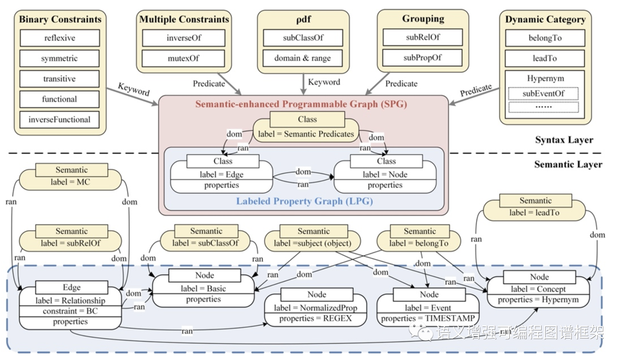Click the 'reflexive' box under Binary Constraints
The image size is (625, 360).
[60, 38]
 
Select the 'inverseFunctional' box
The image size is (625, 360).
[60, 120]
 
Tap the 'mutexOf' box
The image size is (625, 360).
[183, 58]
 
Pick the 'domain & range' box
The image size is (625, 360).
[303, 58]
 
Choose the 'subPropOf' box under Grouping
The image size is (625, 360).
[422, 58]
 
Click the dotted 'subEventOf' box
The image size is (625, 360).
[543, 94]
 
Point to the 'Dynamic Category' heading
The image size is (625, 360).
[545, 19]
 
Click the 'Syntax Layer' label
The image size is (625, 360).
[564, 140]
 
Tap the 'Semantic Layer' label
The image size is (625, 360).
[568, 164]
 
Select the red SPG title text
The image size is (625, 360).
[301, 104]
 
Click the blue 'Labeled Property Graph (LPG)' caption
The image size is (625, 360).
[304, 201]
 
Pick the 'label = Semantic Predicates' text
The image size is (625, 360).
[306, 134]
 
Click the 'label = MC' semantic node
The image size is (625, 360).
[70, 177]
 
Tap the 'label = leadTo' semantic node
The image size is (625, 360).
[534, 207]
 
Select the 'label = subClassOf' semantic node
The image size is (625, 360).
[205, 238]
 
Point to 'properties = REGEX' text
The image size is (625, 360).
[315, 318]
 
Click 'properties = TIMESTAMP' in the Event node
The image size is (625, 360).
[428, 318]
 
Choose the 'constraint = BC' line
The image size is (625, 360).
[70, 311]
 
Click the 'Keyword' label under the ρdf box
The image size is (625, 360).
[324, 82]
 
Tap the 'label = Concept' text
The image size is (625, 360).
[538, 289]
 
